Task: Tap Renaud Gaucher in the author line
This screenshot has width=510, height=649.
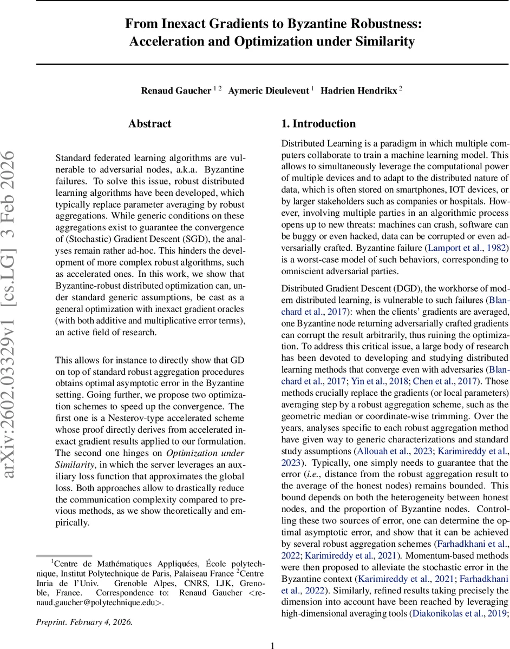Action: pyautogui.click(x=175, y=90)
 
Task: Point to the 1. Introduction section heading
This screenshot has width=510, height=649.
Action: pyautogui.click(x=318, y=124)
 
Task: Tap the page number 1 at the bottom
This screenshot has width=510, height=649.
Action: pyautogui.click(x=273, y=645)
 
